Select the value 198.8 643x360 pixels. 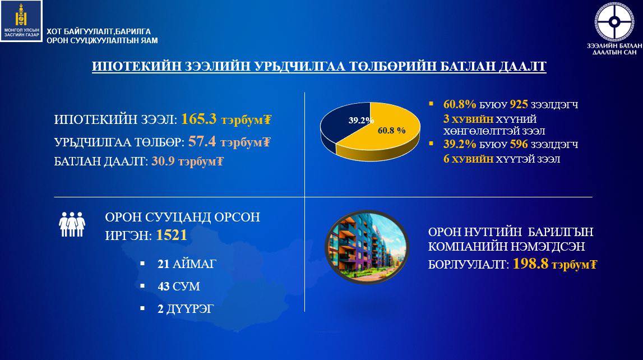pyautogui.click(x=531, y=264)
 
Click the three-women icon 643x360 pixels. pyautogui.click(x=72, y=224)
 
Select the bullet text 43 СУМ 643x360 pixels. pyautogui.click(x=178, y=287)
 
